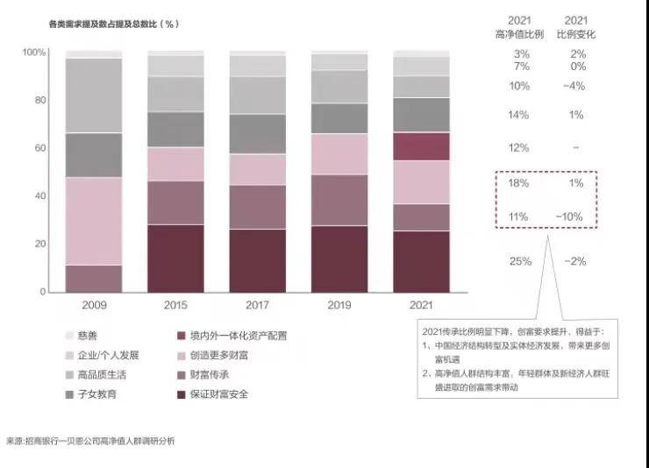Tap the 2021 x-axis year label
pyautogui.click(x=421, y=304)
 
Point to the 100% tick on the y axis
pyautogui.click(x=34, y=53)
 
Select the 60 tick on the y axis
pyautogui.click(x=39, y=148)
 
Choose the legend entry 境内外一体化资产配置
pyautogui.click(x=238, y=335)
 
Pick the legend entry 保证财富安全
pyautogui.click(x=218, y=394)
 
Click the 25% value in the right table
pyautogui.click(x=519, y=261)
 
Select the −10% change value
pyautogui.click(x=574, y=216)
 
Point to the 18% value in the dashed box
pyautogui.click(x=519, y=182)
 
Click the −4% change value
pyautogui.click(x=574, y=86)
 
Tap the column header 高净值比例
pyautogui.click(x=519, y=34)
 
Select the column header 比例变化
pyautogui.click(x=574, y=34)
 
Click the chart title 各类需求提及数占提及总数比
pyautogui.click(x=114, y=24)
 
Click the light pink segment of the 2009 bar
pyautogui.click(x=93, y=221)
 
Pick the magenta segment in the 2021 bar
pyautogui.click(x=421, y=146)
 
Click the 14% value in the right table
pyautogui.click(x=519, y=115)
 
